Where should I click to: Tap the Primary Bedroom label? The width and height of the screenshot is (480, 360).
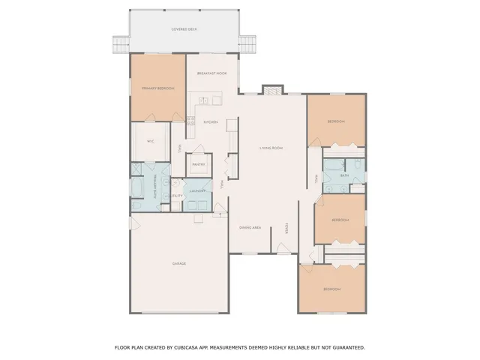(158, 88)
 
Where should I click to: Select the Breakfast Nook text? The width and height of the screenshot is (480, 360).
(212, 73)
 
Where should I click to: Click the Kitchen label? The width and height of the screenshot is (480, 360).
(211, 121)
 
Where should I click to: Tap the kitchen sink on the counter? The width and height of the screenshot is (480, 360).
(204, 100)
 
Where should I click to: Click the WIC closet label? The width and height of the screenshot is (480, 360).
(151, 141)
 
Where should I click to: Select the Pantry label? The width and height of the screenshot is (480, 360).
(199, 163)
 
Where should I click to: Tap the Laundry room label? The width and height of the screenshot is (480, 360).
(198, 191)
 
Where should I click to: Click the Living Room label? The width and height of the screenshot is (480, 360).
(271, 148)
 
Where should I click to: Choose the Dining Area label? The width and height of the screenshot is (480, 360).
(250, 226)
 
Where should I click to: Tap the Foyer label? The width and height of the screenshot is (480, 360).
(286, 226)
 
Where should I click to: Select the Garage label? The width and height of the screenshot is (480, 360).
(179, 263)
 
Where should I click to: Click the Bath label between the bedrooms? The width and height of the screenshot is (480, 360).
(344, 175)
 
